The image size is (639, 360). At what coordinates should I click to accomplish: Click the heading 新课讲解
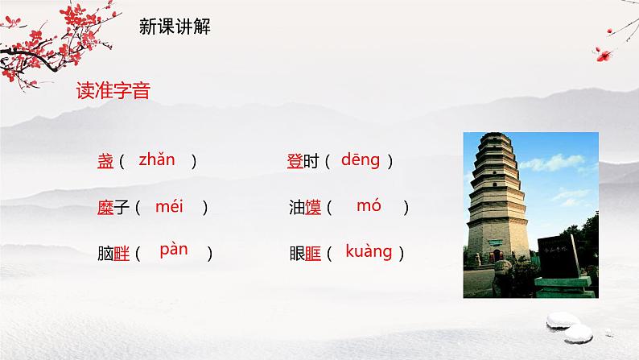(x=175, y=27)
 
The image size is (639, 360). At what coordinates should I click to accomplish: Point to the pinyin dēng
(x=360, y=159)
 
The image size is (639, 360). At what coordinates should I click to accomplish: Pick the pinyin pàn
(x=174, y=250)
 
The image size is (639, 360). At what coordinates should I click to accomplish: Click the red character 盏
(x=105, y=162)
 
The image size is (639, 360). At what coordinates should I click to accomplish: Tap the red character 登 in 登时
(x=295, y=162)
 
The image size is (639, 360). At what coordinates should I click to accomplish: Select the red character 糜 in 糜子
(x=105, y=208)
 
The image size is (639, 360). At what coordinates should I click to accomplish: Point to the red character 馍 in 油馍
(x=313, y=208)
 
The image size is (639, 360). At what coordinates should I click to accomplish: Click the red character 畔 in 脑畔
(x=122, y=254)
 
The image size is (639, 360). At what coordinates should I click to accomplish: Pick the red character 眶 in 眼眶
(x=313, y=254)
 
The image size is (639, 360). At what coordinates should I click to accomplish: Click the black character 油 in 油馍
(x=296, y=208)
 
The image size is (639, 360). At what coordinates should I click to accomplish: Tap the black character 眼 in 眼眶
(x=296, y=254)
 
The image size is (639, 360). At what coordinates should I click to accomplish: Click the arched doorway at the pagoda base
(x=497, y=255)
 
